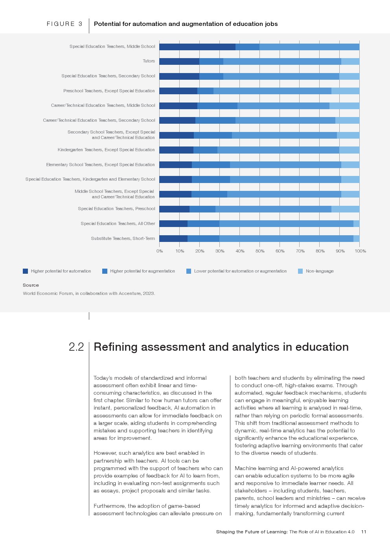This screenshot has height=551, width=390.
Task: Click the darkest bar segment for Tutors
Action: tap(179, 61)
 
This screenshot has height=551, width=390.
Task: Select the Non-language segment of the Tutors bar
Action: tap(350, 61)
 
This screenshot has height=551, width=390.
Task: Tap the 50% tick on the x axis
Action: tap(260, 251)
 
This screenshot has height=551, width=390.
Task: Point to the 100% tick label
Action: tap(360, 251)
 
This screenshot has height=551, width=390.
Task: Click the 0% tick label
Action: tap(160, 251)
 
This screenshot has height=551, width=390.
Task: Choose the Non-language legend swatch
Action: tap(300, 271)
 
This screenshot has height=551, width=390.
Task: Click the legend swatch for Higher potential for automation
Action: tap(26, 271)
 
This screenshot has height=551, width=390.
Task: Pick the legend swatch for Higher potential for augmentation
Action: tap(105, 271)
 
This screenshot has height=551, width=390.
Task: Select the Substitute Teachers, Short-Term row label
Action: tap(123, 238)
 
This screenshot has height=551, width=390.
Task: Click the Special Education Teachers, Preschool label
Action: tap(116, 209)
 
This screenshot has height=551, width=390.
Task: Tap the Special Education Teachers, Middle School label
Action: tap(112, 46)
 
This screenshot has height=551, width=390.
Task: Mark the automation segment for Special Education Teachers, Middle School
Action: tap(197, 47)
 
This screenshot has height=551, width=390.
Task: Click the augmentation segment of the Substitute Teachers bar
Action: tap(203, 238)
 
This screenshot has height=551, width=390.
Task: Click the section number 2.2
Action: tap(76, 347)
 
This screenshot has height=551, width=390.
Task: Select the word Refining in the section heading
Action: tap(116, 347)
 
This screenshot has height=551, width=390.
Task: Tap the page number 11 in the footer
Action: tap(364, 532)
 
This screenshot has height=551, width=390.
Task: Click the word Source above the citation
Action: tap(31, 285)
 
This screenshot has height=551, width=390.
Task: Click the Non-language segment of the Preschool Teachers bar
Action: tap(345, 91)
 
